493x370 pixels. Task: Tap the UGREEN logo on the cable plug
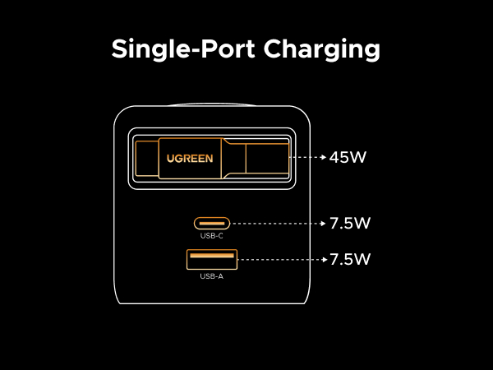pyautogui.click(x=191, y=158)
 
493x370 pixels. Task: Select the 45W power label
pyautogui.click(x=348, y=157)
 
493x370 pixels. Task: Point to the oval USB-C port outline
pyautogui.click(x=211, y=222)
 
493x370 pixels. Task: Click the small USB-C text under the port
pyautogui.click(x=211, y=236)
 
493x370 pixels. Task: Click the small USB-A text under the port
pyautogui.click(x=211, y=276)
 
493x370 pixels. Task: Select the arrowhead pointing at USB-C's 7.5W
pyautogui.click(x=323, y=223)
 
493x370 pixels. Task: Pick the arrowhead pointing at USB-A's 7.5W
pyautogui.click(x=323, y=260)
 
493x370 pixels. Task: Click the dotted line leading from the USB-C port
pyautogui.click(x=275, y=223)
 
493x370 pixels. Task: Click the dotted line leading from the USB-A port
pyautogui.click(x=279, y=260)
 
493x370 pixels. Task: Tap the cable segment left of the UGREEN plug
pyautogui.click(x=148, y=158)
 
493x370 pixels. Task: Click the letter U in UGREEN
pyautogui.click(x=171, y=158)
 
